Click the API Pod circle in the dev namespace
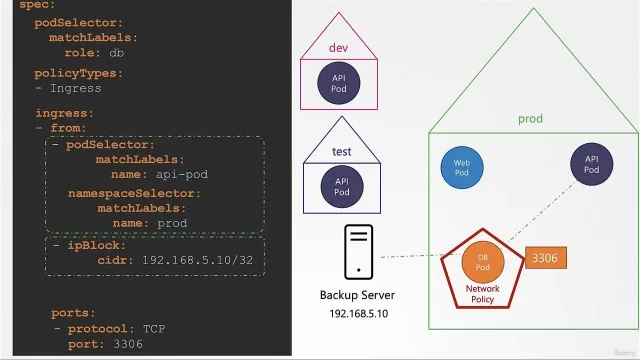tap(339, 83)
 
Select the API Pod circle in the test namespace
tap(342, 187)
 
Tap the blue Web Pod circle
tap(462, 167)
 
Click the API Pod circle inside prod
tap(591, 164)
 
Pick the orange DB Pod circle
tap(483, 262)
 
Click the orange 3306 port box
tap(546, 258)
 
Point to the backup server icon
tap(358, 252)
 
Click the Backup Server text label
tap(357, 295)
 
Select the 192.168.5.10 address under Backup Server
tap(359, 313)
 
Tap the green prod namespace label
tap(530, 119)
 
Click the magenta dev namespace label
tap(338, 48)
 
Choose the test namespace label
tap(342, 151)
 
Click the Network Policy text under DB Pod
tap(482, 294)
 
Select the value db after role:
tap(116, 53)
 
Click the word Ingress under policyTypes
tap(76, 89)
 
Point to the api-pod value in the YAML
tap(182, 175)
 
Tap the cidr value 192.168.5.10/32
tap(198, 260)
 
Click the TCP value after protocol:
tap(154, 329)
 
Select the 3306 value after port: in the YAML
tap(128, 344)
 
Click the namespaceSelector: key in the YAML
tap(134, 193)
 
